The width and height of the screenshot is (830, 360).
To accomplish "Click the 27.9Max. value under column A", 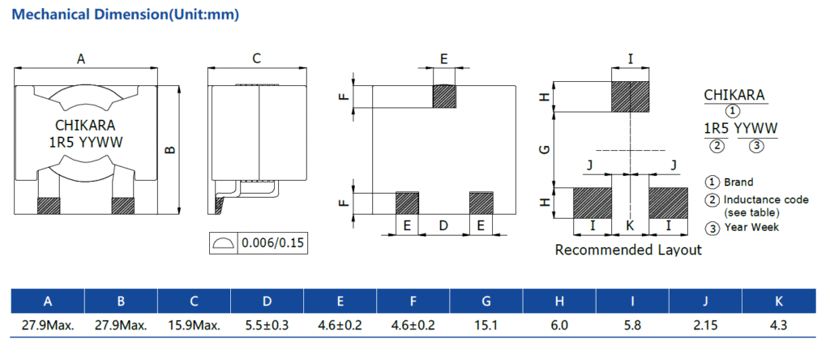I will point(48,326).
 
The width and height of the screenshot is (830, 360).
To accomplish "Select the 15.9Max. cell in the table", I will point(194,326).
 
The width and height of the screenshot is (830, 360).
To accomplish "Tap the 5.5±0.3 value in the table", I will point(267,326).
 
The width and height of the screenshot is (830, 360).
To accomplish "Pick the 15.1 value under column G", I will point(486,326).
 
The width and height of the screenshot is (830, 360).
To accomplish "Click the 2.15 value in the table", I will point(704,326).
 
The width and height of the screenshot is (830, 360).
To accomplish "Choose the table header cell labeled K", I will point(778,302).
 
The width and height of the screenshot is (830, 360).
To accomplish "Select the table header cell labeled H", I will point(559,302).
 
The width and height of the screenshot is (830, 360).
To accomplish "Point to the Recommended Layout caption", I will point(628,251).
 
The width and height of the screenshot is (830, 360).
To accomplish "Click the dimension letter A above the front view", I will point(80,58).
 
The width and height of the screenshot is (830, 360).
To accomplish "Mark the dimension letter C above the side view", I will point(256,58).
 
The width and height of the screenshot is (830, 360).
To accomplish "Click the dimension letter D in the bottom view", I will point(443,225).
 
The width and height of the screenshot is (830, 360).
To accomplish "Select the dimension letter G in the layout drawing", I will point(545,149).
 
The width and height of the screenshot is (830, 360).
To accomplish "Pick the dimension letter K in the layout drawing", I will point(630,225).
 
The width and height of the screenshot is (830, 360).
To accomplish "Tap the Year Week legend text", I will point(751,227).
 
